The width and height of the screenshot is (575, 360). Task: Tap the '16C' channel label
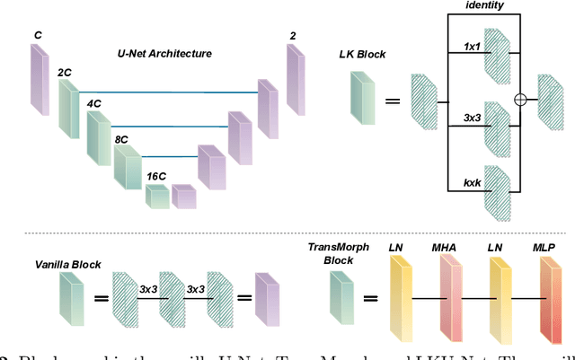157,176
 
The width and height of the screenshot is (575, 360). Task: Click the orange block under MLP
547,294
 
